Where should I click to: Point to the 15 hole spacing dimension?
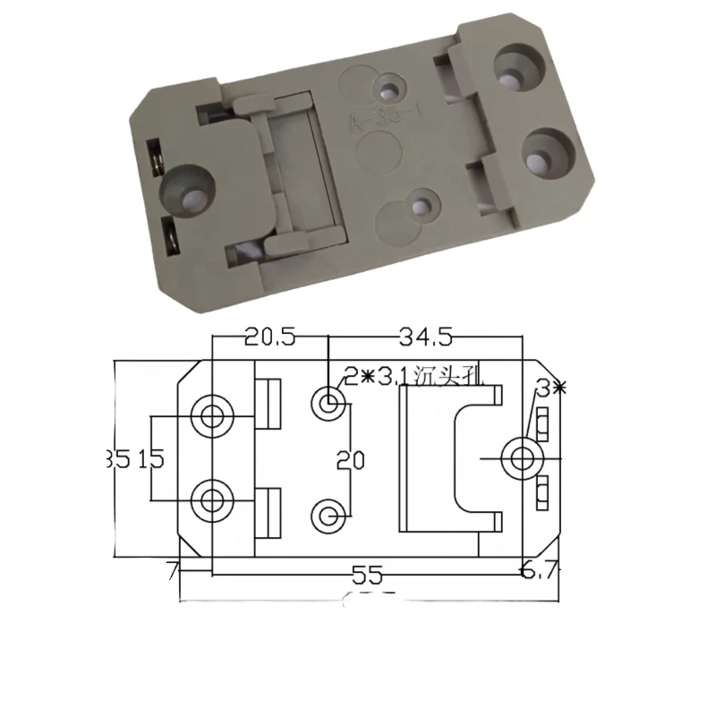[x=151, y=458]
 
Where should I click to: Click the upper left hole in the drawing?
[x=214, y=415]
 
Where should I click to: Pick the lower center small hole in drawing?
[x=329, y=516]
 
